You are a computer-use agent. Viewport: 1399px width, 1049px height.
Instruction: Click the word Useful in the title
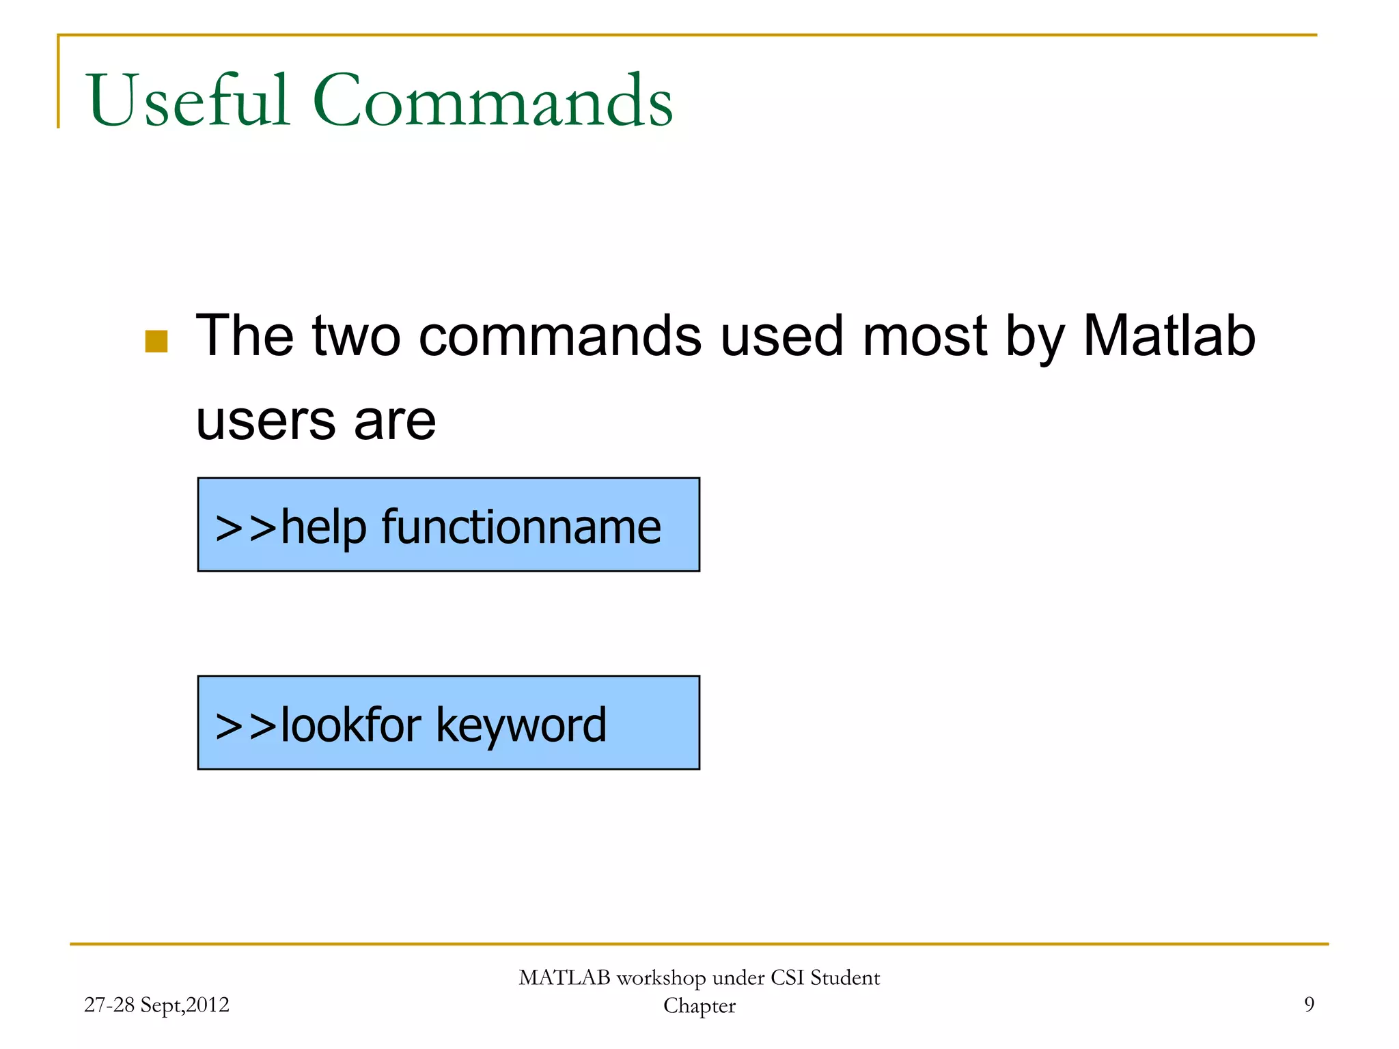coord(188,100)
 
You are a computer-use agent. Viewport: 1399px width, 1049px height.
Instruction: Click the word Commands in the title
coord(493,100)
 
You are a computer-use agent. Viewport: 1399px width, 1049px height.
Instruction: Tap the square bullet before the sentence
coord(156,341)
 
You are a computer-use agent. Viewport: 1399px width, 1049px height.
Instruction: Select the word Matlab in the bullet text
coord(1169,336)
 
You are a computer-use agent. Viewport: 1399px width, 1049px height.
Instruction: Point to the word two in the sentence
coord(356,336)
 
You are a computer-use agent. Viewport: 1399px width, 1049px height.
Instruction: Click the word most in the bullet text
coord(925,336)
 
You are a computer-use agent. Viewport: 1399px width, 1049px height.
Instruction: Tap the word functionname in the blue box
coord(521,527)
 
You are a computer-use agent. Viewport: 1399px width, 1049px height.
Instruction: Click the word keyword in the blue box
coord(521,725)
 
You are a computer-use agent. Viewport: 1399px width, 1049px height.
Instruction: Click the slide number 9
coord(1309,1005)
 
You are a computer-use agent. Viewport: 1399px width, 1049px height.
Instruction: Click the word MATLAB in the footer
coord(564,978)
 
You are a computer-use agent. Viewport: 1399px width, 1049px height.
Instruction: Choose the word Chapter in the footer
coord(699,1006)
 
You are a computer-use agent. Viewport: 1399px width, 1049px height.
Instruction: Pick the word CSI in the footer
coord(788,978)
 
